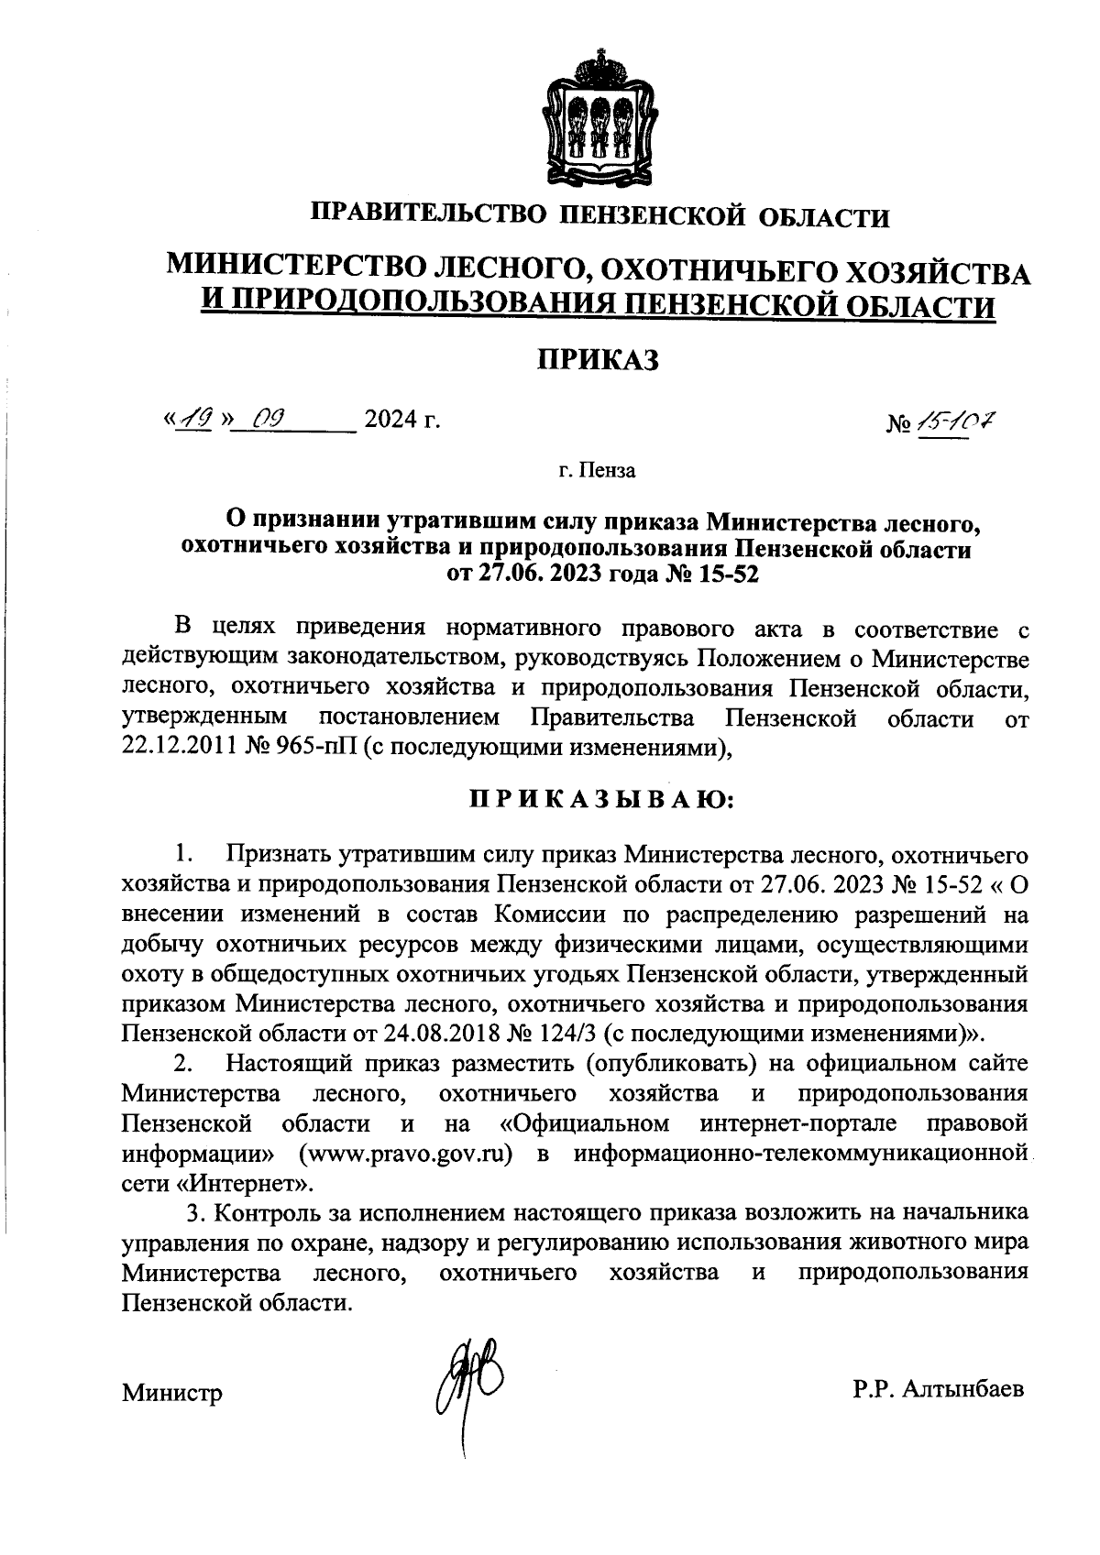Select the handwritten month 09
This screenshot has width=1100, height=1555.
pyautogui.click(x=269, y=420)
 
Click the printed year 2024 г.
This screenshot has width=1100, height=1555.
pyautogui.click(x=401, y=421)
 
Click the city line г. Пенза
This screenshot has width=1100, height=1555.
pyautogui.click(x=597, y=472)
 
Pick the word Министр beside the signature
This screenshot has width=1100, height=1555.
pyautogui.click(x=172, y=1395)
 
